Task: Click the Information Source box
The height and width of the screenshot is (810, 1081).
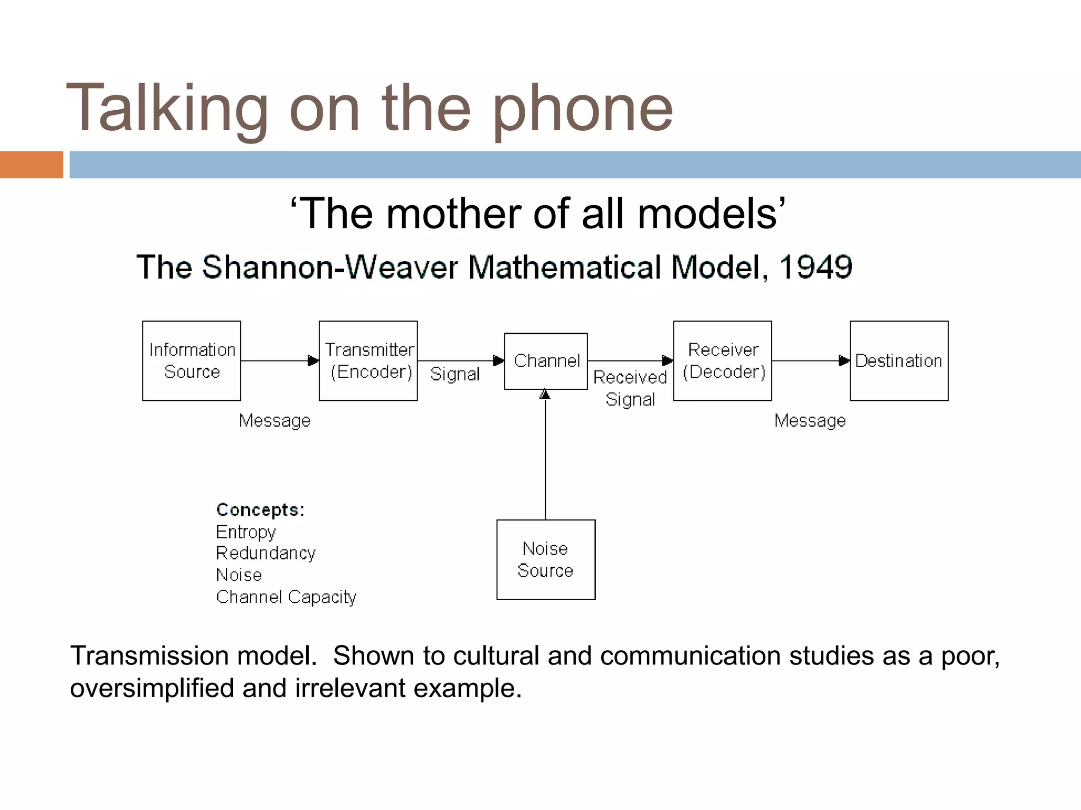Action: tap(192, 361)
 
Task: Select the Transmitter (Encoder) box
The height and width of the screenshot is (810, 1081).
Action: tap(368, 361)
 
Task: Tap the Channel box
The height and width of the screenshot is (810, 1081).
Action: tap(546, 361)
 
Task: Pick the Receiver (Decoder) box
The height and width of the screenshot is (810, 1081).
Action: tap(723, 361)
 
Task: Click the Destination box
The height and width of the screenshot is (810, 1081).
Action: tap(899, 361)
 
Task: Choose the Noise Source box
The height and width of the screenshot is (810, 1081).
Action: tap(546, 560)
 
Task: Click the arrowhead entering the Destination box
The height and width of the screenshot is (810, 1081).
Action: tap(844, 361)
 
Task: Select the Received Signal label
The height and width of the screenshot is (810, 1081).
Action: tap(630, 388)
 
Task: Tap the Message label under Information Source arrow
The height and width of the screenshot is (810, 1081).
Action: tap(274, 421)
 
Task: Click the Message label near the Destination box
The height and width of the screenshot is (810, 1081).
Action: tap(810, 421)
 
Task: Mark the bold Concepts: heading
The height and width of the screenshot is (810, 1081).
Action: tap(260, 510)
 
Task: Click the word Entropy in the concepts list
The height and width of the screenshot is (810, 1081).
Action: tap(246, 532)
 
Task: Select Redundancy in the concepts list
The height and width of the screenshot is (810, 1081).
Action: tap(265, 553)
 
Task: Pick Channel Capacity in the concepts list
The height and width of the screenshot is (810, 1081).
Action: tap(286, 597)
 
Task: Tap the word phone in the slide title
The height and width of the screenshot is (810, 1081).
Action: tap(583, 109)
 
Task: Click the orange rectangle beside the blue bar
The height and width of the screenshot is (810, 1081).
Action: tap(31, 165)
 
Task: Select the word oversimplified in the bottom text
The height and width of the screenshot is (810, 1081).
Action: tap(151, 689)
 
